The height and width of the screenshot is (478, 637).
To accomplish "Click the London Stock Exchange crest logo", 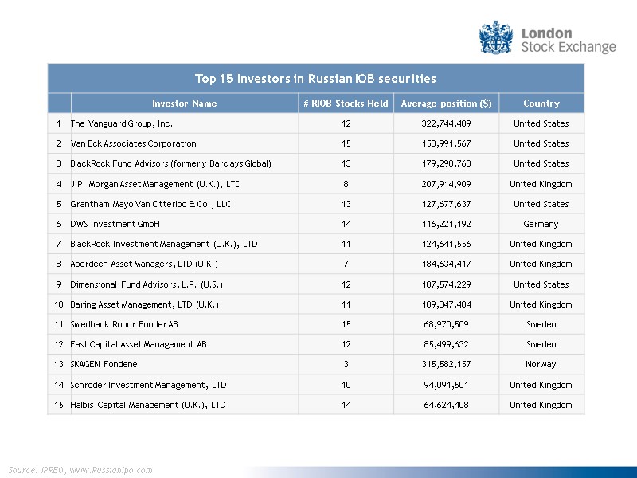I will click(x=495, y=38).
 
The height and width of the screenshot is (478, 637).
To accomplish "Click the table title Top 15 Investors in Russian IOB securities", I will click(x=315, y=79).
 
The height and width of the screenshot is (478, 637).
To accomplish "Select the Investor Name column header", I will click(x=184, y=104).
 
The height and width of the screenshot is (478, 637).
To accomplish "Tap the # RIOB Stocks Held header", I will click(x=346, y=104).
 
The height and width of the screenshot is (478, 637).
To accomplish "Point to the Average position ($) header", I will click(x=446, y=104).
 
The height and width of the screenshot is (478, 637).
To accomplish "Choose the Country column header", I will click(x=541, y=104).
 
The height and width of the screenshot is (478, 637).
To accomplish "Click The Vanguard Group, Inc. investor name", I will click(x=122, y=123).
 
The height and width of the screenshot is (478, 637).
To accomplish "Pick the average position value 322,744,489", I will click(x=446, y=123).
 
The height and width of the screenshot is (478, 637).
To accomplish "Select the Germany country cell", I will click(x=541, y=224).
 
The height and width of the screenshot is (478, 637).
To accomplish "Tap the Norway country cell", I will click(x=541, y=364).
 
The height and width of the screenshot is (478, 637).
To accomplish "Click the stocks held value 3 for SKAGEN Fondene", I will click(x=346, y=364).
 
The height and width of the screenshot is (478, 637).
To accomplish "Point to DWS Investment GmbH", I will click(x=115, y=224).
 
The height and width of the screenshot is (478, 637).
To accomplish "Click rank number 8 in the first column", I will click(x=59, y=264).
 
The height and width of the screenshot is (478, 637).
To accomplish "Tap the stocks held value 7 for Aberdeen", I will click(x=346, y=264).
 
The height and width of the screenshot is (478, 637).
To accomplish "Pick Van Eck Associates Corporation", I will click(x=133, y=143).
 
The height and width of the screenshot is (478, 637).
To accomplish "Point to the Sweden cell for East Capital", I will click(x=541, y=344).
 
